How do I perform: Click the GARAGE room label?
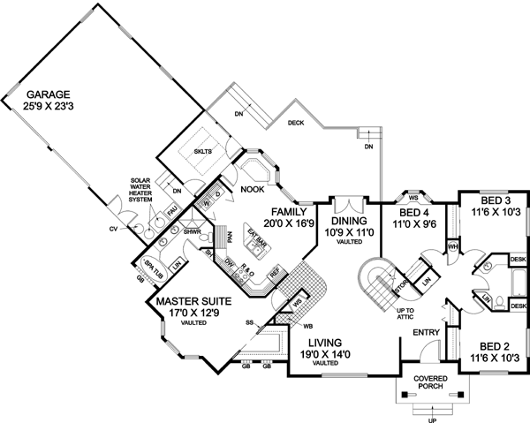pyautogui.click(x=47, y=94)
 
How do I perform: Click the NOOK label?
pyautogui.click(x=254, y=187)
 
